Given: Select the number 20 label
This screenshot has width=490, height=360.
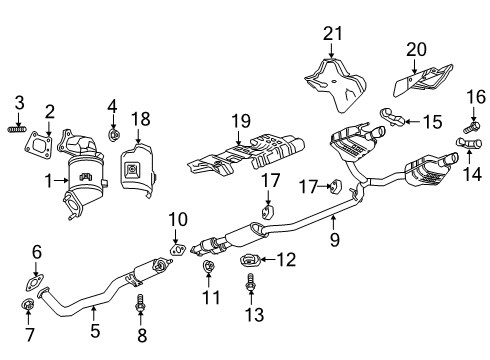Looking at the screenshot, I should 415,50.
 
